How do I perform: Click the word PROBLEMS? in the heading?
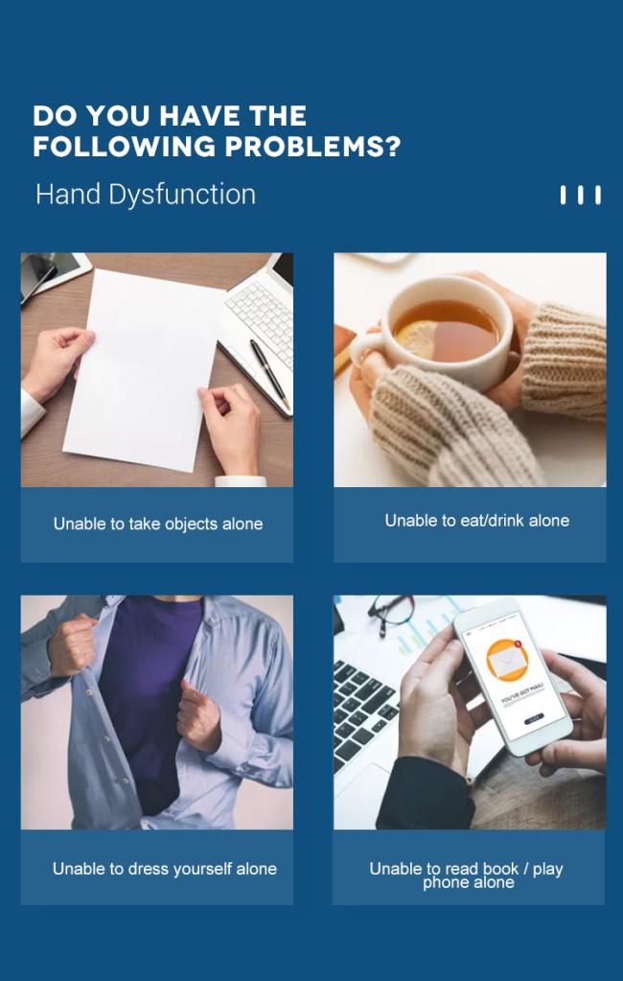coord(312,147)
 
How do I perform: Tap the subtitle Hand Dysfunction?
coord(146,195)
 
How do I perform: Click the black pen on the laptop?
coord(270,374)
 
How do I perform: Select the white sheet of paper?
coord(144,369)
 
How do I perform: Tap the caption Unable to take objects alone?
coord(157,524)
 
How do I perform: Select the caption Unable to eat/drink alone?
coord(477,520)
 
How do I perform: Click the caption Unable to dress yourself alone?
coord(165,869)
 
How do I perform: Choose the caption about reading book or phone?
coord(467,876)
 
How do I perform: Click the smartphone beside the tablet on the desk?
coord(38,275)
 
